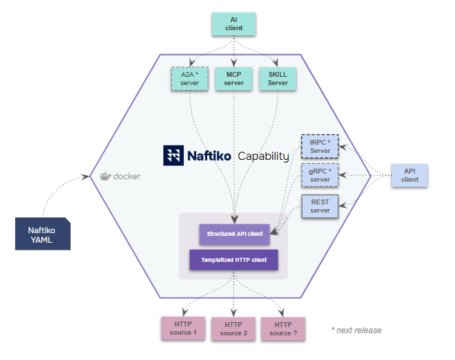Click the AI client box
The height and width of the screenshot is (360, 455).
tap(234, 24)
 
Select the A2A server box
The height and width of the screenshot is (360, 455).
tap(189, 78)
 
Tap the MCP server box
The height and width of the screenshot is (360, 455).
tap(234, 78)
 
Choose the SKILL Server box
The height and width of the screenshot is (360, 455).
tap(278, 78)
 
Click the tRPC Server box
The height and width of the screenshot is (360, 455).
tap(320, 146)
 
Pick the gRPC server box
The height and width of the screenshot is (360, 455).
tap(320, 176)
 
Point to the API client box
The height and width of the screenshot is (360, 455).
tap(410, 176)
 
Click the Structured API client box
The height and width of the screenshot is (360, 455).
tap(235, 235)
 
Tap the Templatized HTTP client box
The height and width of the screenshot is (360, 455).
tap(234, 260)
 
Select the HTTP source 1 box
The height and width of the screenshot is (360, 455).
tap(183, 328)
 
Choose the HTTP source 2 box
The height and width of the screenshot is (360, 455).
tap(233, 328)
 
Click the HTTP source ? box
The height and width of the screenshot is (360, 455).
tap(283, 328)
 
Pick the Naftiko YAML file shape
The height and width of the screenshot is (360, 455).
tap(43, 232)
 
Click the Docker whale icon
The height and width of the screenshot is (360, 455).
tap(106, 176)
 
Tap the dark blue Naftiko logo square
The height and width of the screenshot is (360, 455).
tap(173, 156)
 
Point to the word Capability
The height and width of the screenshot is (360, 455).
tap(264, 156)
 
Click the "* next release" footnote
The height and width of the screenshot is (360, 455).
tap(356, 331)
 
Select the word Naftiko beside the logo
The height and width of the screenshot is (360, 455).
tap(210, 156)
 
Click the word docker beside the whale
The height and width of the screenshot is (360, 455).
tap(127, 176)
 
